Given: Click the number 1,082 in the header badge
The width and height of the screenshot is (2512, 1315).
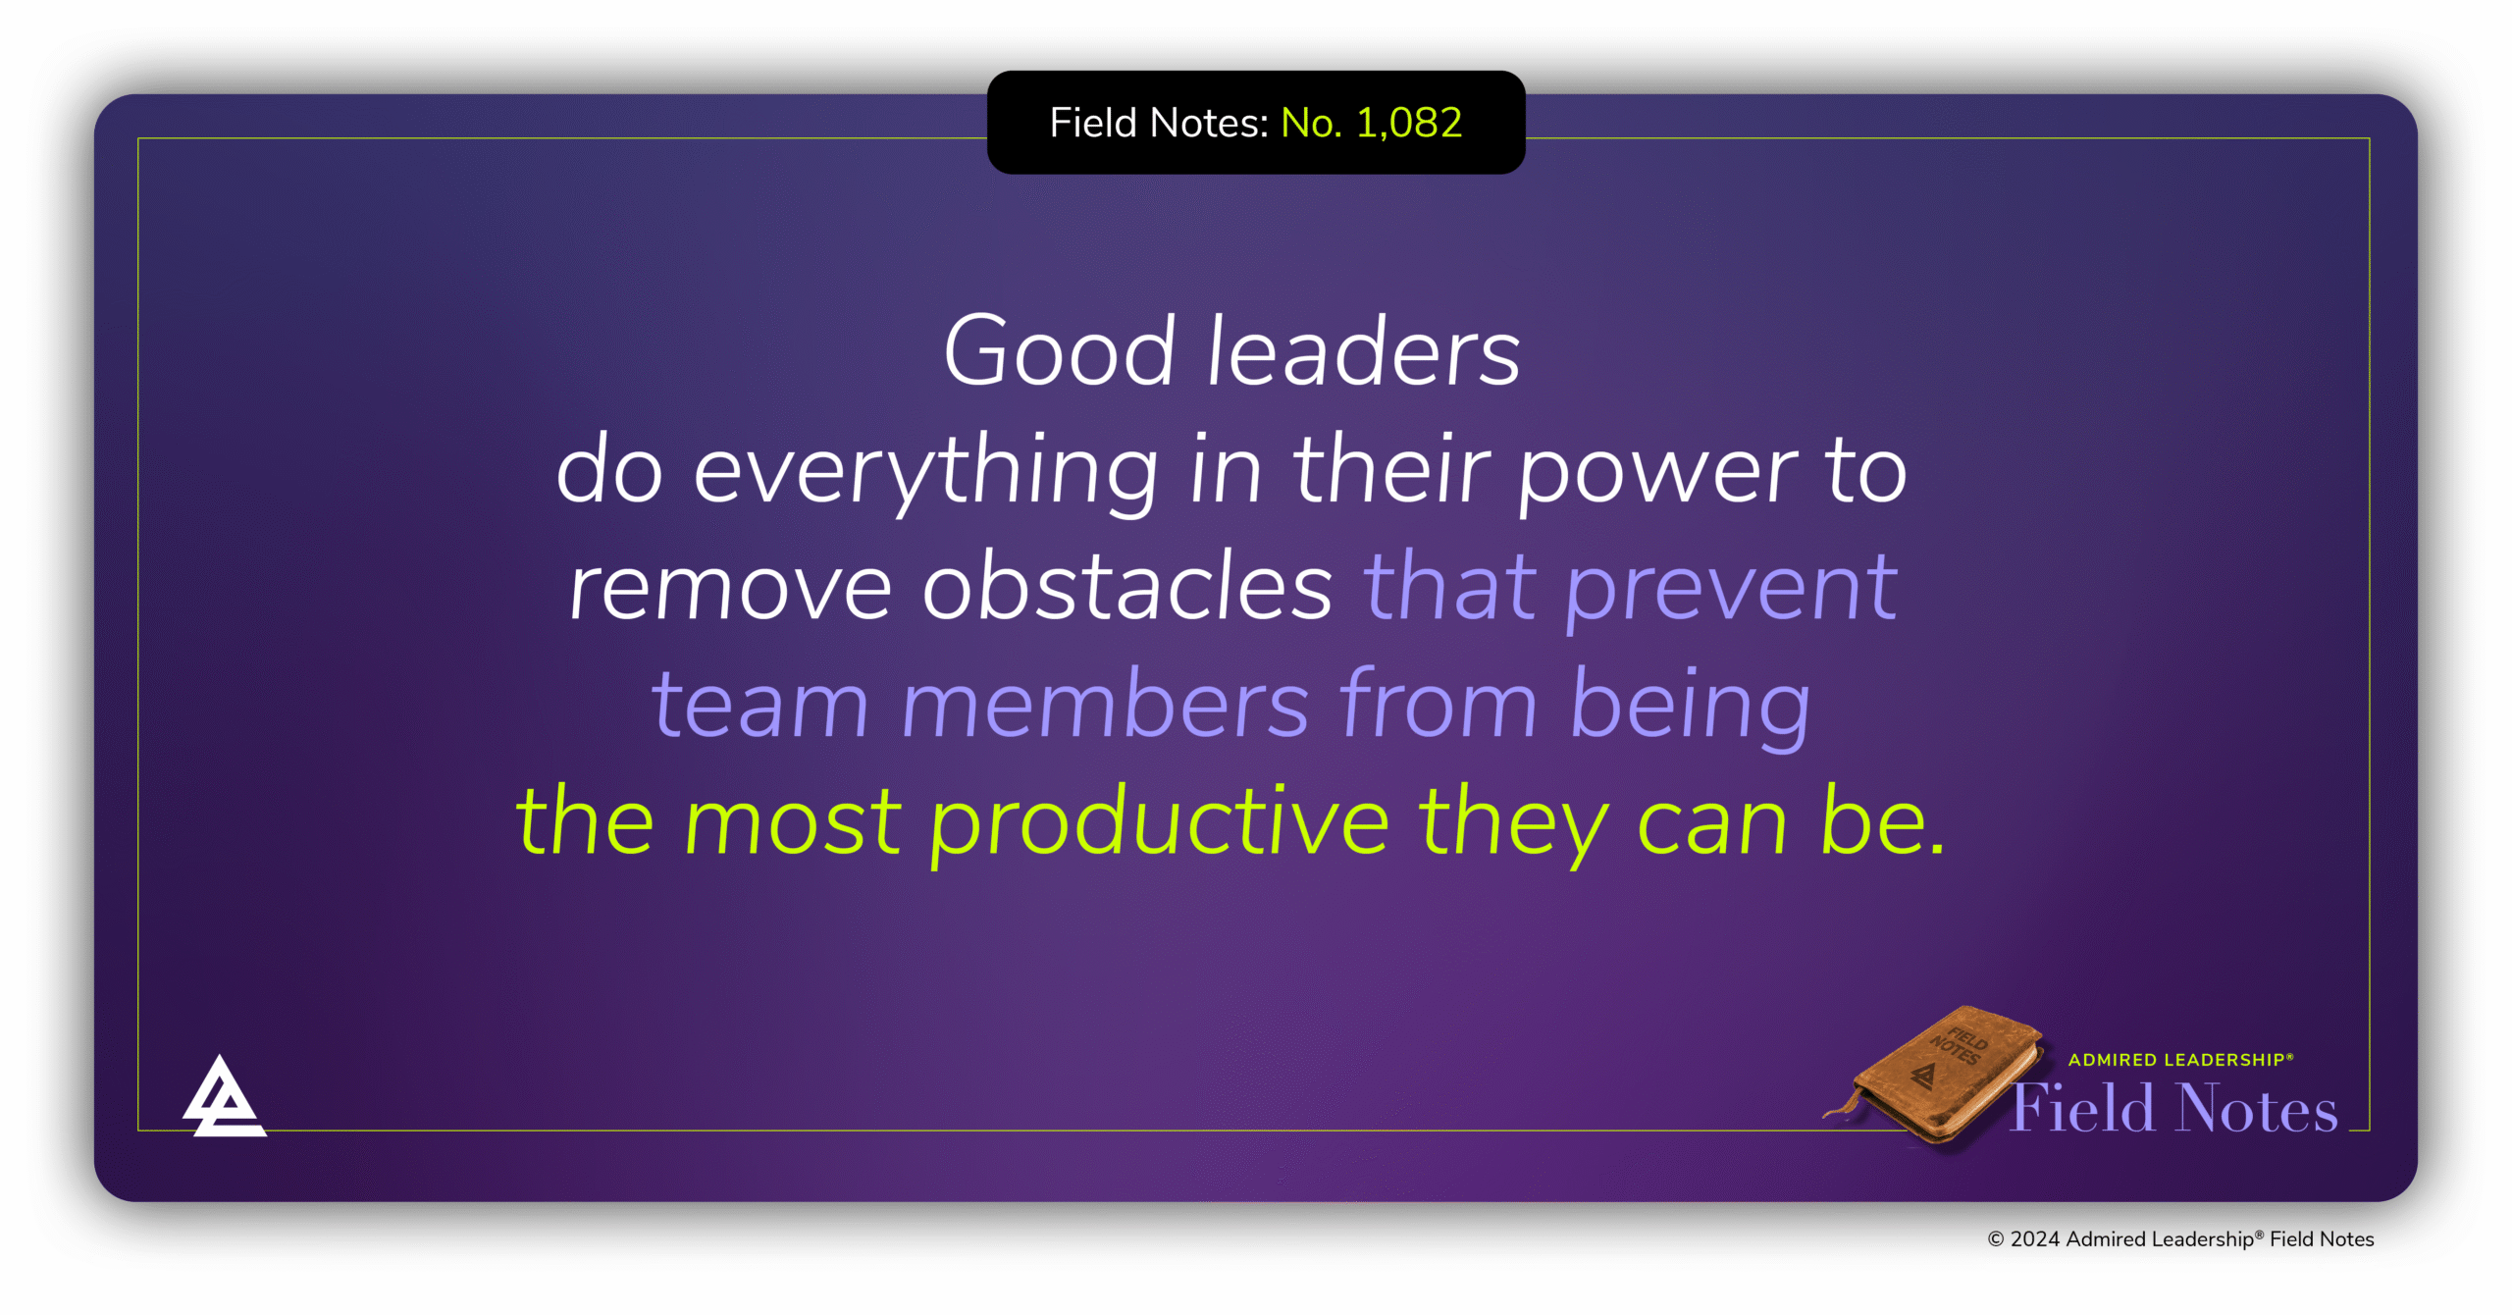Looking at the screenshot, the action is click(x=1409, y=124).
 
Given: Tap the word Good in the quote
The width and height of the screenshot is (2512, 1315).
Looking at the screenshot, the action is click(x=1060, y=351).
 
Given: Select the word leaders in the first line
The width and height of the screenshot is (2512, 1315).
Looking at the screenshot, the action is click(x=1365, y=351).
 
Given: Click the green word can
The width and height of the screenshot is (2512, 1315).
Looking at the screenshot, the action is click(x=1712, y=829).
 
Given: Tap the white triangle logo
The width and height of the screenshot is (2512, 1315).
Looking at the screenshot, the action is click(x=224, y=1097).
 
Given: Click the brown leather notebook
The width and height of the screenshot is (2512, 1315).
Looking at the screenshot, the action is click(x=1935, y=1075).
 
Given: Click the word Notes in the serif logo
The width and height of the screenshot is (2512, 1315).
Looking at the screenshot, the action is click(x=2258, y=1108).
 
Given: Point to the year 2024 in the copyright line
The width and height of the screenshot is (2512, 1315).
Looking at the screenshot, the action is click(x=2035, y=1239).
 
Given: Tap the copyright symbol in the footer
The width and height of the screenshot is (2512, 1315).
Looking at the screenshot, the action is click(x=1996, y=1239).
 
